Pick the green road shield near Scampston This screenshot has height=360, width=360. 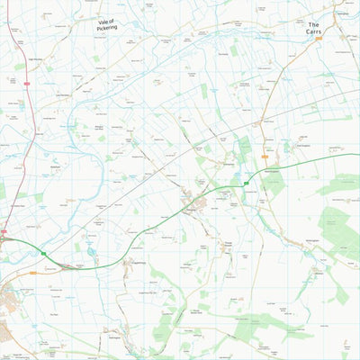(245, 183)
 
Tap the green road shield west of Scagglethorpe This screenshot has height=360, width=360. (42, 255)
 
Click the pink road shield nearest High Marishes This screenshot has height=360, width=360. (28, 84)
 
